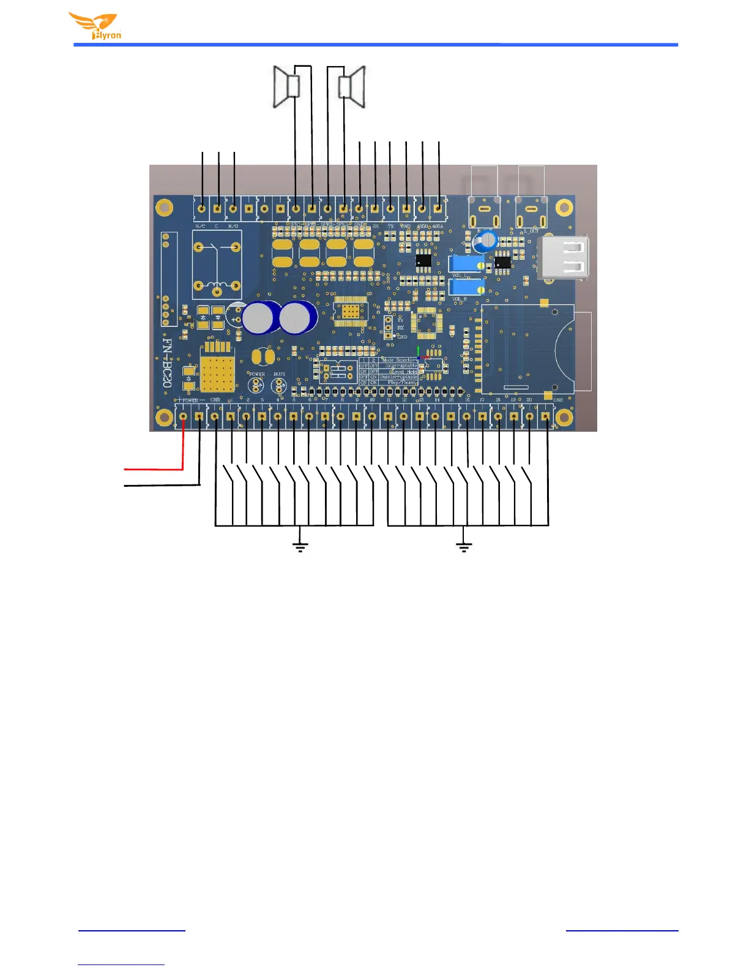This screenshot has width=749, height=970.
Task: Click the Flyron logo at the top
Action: pos(95,26)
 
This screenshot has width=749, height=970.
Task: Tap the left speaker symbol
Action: pos(286,87)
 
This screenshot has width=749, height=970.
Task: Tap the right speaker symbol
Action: pos(353,86)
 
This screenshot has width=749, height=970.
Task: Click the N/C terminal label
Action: pos(200,227)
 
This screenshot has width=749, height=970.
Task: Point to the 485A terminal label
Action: pos(438,227)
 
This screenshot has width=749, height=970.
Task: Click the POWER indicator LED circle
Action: pos(256,385)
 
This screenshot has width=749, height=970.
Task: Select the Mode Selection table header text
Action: pos(399,360)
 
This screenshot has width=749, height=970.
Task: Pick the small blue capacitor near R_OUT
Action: pos(486,240)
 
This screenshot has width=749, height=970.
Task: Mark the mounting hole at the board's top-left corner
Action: pos(164,208)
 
